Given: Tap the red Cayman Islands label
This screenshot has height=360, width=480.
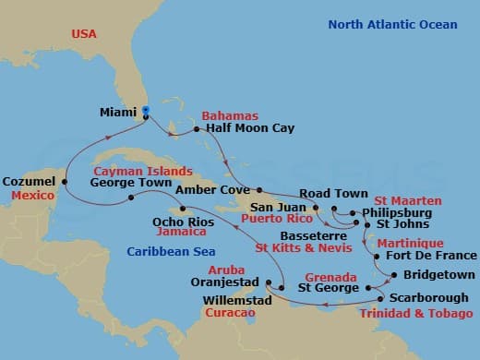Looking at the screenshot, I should click(x=142, y=171).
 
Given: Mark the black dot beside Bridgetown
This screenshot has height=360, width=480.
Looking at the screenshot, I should click(x=394, y=275).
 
